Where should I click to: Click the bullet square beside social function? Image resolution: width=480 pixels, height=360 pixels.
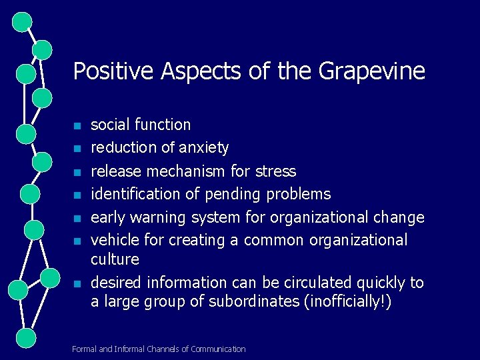point(77,126)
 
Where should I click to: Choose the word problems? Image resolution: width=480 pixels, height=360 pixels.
point(299,194)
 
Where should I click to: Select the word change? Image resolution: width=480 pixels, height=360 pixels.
point(399,217)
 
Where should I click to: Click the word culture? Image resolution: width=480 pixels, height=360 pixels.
point(115,259)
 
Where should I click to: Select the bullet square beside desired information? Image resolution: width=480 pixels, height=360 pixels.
point(77,284)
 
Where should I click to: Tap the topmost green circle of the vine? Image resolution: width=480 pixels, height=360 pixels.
point(23,21)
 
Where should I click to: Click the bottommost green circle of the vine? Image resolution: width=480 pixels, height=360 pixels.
point(25,337)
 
